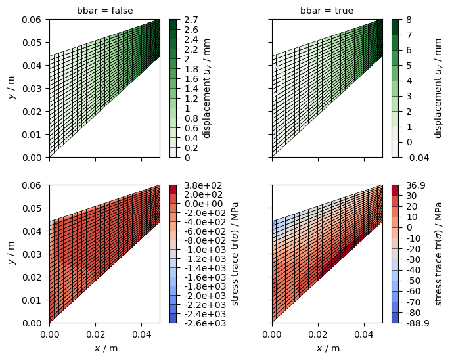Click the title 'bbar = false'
tap(105, 11)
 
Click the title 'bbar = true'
tap(327, 11)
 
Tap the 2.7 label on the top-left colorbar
tap(191, 20)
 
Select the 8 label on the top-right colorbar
tap(409, 20)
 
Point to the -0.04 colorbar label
tap(417, 158)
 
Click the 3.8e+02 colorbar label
tap(204, 185)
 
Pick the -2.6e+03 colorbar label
tap(205, 323)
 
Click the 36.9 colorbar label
tap(415, 185)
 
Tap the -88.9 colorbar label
tap(417, 323)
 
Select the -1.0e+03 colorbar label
tap(205, 250)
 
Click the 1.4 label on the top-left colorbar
tap(191, 89)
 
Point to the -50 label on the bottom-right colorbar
tap(413, 281)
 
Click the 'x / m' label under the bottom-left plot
tap(106, 348)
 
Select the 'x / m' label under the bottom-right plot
tap(328, 348)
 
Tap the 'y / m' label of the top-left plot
tap(12, 88)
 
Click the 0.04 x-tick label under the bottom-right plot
tap(364, 334)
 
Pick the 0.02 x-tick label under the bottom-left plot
tap(95, 334)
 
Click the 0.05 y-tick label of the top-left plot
tap(31, 43)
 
